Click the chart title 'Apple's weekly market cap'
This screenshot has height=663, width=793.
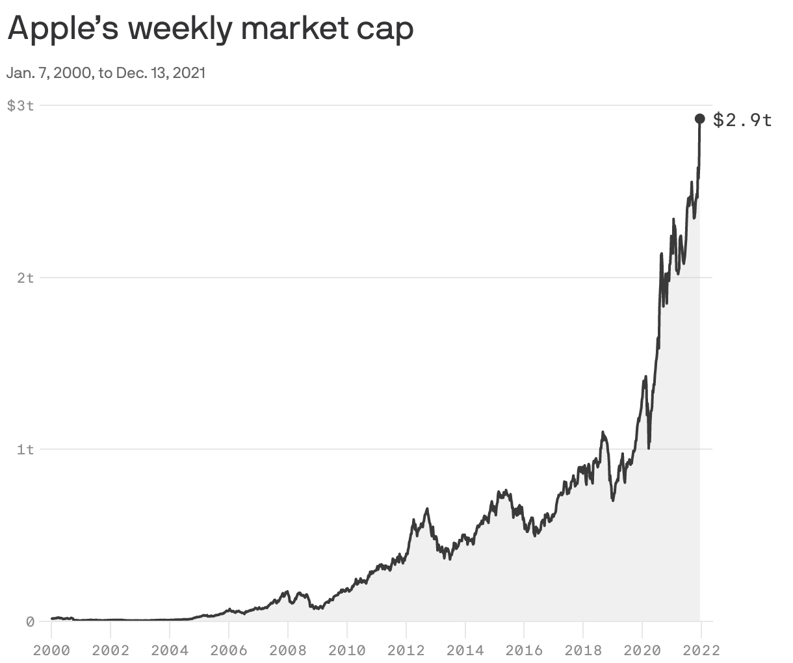pyautogui.click(x=210, y=29)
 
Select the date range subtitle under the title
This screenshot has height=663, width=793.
pyautogui.click(x=106, y=73)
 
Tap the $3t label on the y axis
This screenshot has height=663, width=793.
pyautogui.click(x=20, y=105)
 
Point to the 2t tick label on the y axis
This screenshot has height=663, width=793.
pyautogui.click(x=25, y=278)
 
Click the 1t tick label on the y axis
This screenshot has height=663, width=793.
pyautogui.click(x=25, y=449)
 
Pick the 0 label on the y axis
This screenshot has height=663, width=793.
pyautogui.click(x=30, y=621)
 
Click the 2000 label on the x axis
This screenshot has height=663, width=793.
pyautogui.click(x=51, y=649)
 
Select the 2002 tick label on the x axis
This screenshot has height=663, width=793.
pyautogui.click(x=110, y=649)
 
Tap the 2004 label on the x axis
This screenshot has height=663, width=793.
pyautogui.click(x=170, y=649)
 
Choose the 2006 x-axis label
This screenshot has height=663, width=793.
pyautogui.click(x=229, y=649)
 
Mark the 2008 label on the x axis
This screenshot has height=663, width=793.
pyautogui.click(x=288, y=649)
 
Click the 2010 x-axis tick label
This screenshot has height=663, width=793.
pyautogui.click(x=347, y=649)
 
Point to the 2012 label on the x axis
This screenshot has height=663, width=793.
pyautogui.click(x=406, y=649)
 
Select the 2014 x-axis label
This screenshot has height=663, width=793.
pyautogui.click(x=465, y=649)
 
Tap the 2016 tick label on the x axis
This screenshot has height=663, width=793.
pyautogui.click(x=524, y=649)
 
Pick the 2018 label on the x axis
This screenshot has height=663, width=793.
pyautogui.click(x=583, y=649)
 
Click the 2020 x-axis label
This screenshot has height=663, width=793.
pyautogui.click(x=642, y=649)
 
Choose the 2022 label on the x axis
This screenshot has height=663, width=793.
pyautogui.click(x=701, y=649)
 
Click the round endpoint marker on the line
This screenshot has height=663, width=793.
pyautogui.click(x=700, y=118)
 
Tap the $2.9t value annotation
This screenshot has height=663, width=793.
pyautogui.click(x=743, y=120)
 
